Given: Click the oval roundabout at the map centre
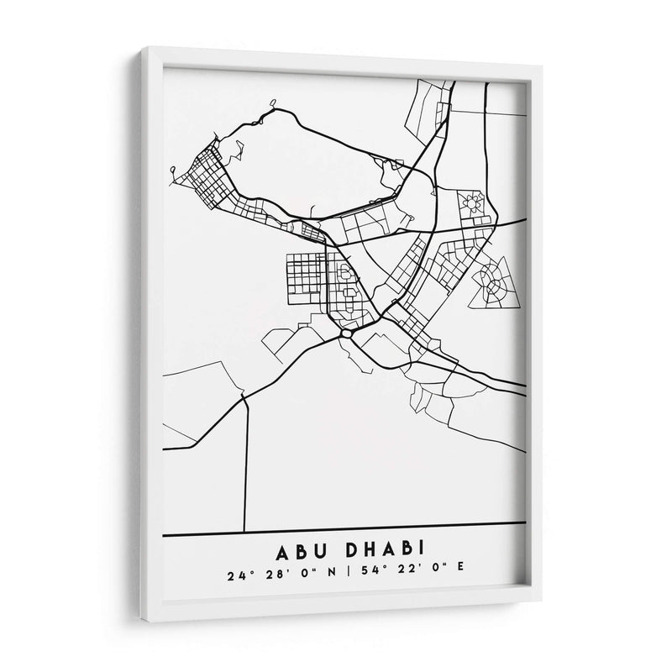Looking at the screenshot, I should [346, 333].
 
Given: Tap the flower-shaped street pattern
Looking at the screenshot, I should [472, 202].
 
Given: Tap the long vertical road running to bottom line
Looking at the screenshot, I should [244, 462].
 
